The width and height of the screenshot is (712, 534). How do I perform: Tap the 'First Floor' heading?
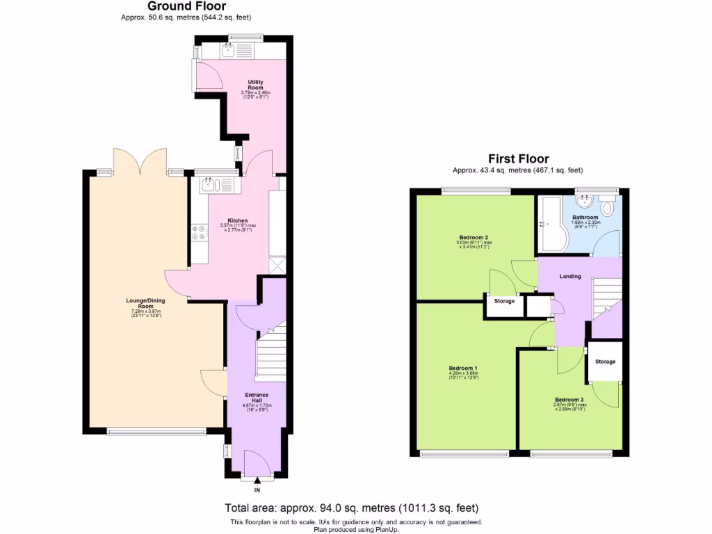coord(518,159)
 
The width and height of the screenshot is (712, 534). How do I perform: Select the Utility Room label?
coord(255,85)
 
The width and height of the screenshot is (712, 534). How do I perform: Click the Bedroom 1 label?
coord(463,368)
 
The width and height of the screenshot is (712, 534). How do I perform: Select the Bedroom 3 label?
coord(569,400)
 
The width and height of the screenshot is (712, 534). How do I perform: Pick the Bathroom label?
coord(585,218)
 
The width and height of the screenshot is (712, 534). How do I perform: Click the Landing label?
coord(570,277)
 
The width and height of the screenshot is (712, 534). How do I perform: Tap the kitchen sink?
coord(210,185)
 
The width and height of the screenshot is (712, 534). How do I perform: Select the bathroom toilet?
coord(609,207)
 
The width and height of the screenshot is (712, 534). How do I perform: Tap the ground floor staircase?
coord(271,354)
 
